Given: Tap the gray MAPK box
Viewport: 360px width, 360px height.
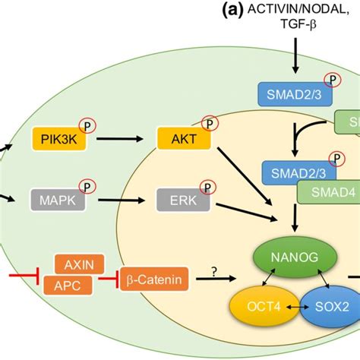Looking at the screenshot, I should click(x=58, y=200).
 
